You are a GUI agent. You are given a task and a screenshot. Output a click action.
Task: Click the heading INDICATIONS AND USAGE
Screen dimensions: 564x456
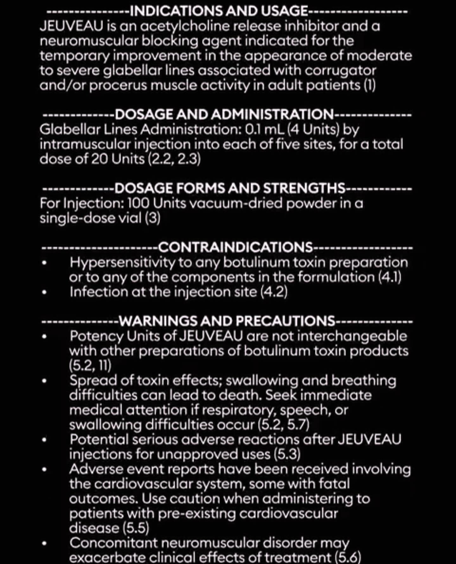pyautogui.click(x=218, y=11)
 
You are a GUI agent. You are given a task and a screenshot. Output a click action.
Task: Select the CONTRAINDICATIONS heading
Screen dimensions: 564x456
pyautogui.click(x=235, y=247)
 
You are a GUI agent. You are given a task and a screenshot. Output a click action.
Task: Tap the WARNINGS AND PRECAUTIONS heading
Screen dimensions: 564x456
pyautogui.click(x=227, y=321)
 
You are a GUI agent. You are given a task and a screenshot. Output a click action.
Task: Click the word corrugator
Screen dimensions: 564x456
pyautogui.click(x=340, y=70)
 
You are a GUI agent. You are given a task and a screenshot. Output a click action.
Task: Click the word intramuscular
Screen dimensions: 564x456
pyautogui.click(x=85, y=144)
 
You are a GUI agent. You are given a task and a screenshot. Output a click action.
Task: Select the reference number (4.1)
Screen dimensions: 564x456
pyautogui.click(x=390, y=277)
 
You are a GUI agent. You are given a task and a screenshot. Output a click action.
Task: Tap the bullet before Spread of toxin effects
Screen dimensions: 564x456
pyautogui.click(x=45, y=381)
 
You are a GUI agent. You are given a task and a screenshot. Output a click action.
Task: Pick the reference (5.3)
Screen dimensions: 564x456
pyautogui.click(x=287, y=454)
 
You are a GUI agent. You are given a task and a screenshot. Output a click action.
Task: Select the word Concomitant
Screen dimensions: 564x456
pyautogui.click(x=113, y=543)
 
